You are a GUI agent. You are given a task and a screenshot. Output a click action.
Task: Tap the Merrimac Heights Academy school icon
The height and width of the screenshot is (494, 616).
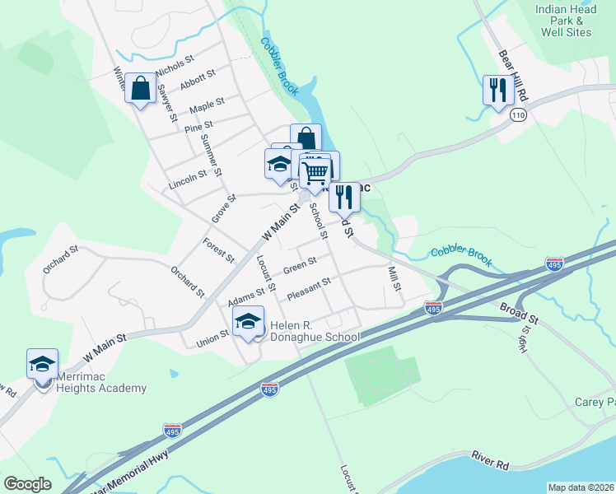click(43, 363)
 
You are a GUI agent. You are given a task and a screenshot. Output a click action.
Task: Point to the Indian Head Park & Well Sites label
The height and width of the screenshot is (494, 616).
click(566, 21)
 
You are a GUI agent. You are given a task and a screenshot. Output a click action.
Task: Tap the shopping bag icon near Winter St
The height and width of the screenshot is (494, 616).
click(141, 88)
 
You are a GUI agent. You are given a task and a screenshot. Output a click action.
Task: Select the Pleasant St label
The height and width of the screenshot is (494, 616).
click(309, 289)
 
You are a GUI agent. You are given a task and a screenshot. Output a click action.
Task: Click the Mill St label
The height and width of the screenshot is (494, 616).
click(394, 278)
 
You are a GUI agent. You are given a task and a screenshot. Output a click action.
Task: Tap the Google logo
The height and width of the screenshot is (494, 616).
click(28, 484)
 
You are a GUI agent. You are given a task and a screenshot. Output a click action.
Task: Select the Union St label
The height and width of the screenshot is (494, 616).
click(212, 338)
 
